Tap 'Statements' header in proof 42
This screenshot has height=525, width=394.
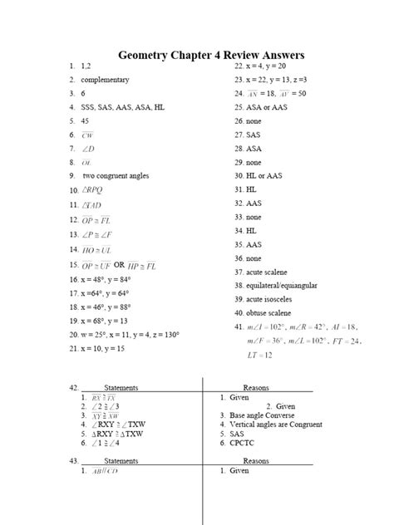tap(121, 387)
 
